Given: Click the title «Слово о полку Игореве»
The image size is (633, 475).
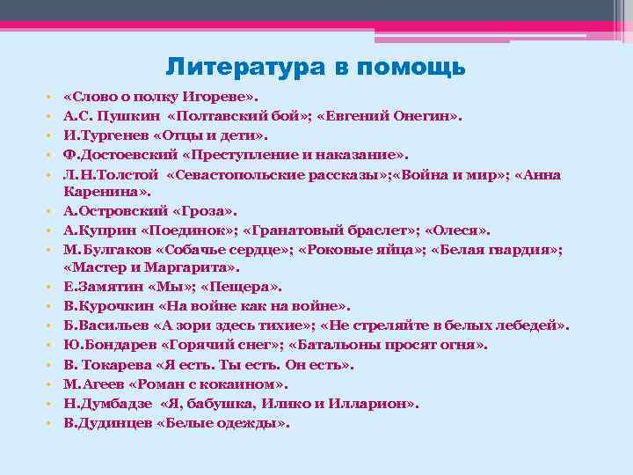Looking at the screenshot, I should (x=163, y=95).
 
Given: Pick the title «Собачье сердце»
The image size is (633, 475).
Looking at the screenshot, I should (x=233, y=250).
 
